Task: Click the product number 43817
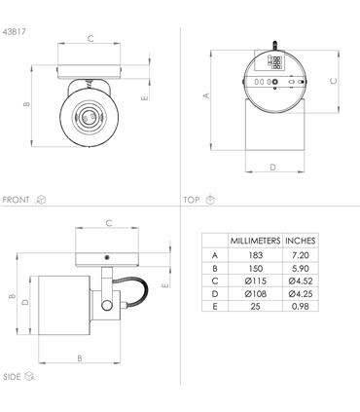point(14,32)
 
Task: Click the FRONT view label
point(16,200)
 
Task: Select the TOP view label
point(192,200)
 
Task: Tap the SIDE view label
point(12,377)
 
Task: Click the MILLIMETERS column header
point(255,241)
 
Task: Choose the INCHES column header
point(301,241)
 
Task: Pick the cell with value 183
point(256,255)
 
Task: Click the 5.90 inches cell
point(301,269)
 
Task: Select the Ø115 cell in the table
point(256,281)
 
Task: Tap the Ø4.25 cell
point(301,293)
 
